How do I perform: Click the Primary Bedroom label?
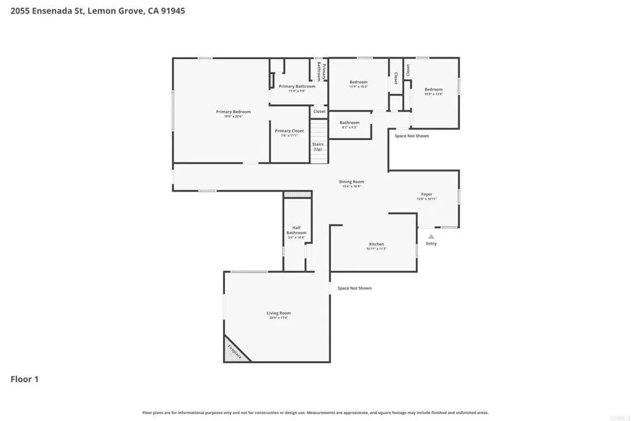click(233, 112)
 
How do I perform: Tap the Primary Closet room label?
click(289, 131)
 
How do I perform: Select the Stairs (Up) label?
click(317, 147)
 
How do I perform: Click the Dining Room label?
click(351, 182)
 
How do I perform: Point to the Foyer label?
click(426, 195)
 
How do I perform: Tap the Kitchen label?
click(376, 245)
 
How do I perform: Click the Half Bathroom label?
click(296, 230)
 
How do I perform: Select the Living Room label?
click(279, 314)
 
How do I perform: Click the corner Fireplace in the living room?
click(234, 352)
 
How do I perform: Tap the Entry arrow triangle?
click(431, 236)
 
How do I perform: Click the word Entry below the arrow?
click(431, 243)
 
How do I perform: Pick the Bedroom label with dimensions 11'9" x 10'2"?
click(358, 83)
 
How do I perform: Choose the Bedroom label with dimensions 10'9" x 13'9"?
click(433, 90)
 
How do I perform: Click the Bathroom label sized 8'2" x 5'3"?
click(349, 123)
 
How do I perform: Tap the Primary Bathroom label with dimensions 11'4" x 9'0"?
click(296, 87)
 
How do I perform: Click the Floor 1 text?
click(25, 379)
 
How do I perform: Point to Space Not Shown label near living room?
click(354, 288)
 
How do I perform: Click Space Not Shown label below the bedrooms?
click(412, 136)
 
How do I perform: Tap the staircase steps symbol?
click(318, 131)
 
